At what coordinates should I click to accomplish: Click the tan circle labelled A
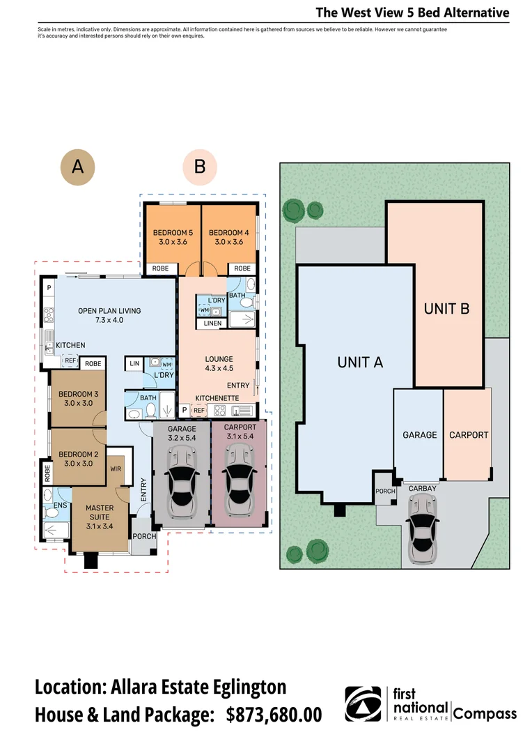coord(78,167)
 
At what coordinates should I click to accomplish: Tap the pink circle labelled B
coord(200,167)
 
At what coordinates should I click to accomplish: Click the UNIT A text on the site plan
coord(360,362)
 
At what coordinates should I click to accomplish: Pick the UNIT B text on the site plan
coord(446,308)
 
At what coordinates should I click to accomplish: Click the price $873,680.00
coord(274,715)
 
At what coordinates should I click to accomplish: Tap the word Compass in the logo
coord(485,713)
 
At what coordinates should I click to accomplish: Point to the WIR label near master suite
coord(116,469)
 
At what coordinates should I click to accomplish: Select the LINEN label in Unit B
coord(212,324)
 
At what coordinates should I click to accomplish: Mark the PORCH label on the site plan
coord(385,492)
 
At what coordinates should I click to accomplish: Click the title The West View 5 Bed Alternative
coord(412,13)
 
